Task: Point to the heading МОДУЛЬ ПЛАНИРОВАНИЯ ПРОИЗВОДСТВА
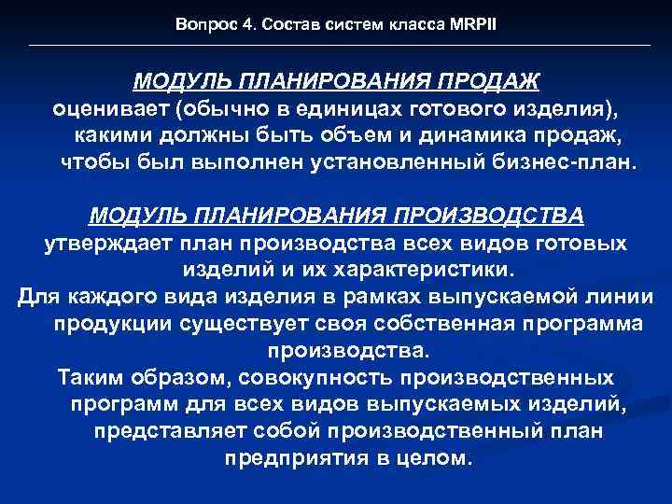(x=337, y=216)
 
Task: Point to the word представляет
(x=170, y=433)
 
